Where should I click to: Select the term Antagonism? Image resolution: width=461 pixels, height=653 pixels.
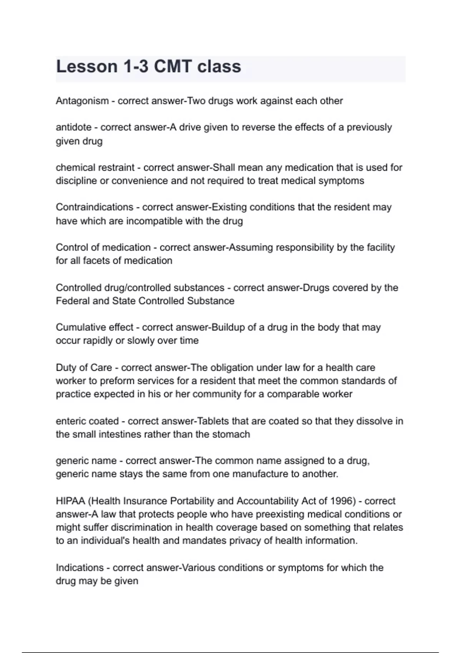click(x=82, y=101)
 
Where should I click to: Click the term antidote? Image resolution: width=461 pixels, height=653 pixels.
click(x=74, y=127)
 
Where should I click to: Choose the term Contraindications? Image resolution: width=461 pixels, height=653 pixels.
click(x=95, y=207)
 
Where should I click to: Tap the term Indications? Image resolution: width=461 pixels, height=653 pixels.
click(x=80, y=568)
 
